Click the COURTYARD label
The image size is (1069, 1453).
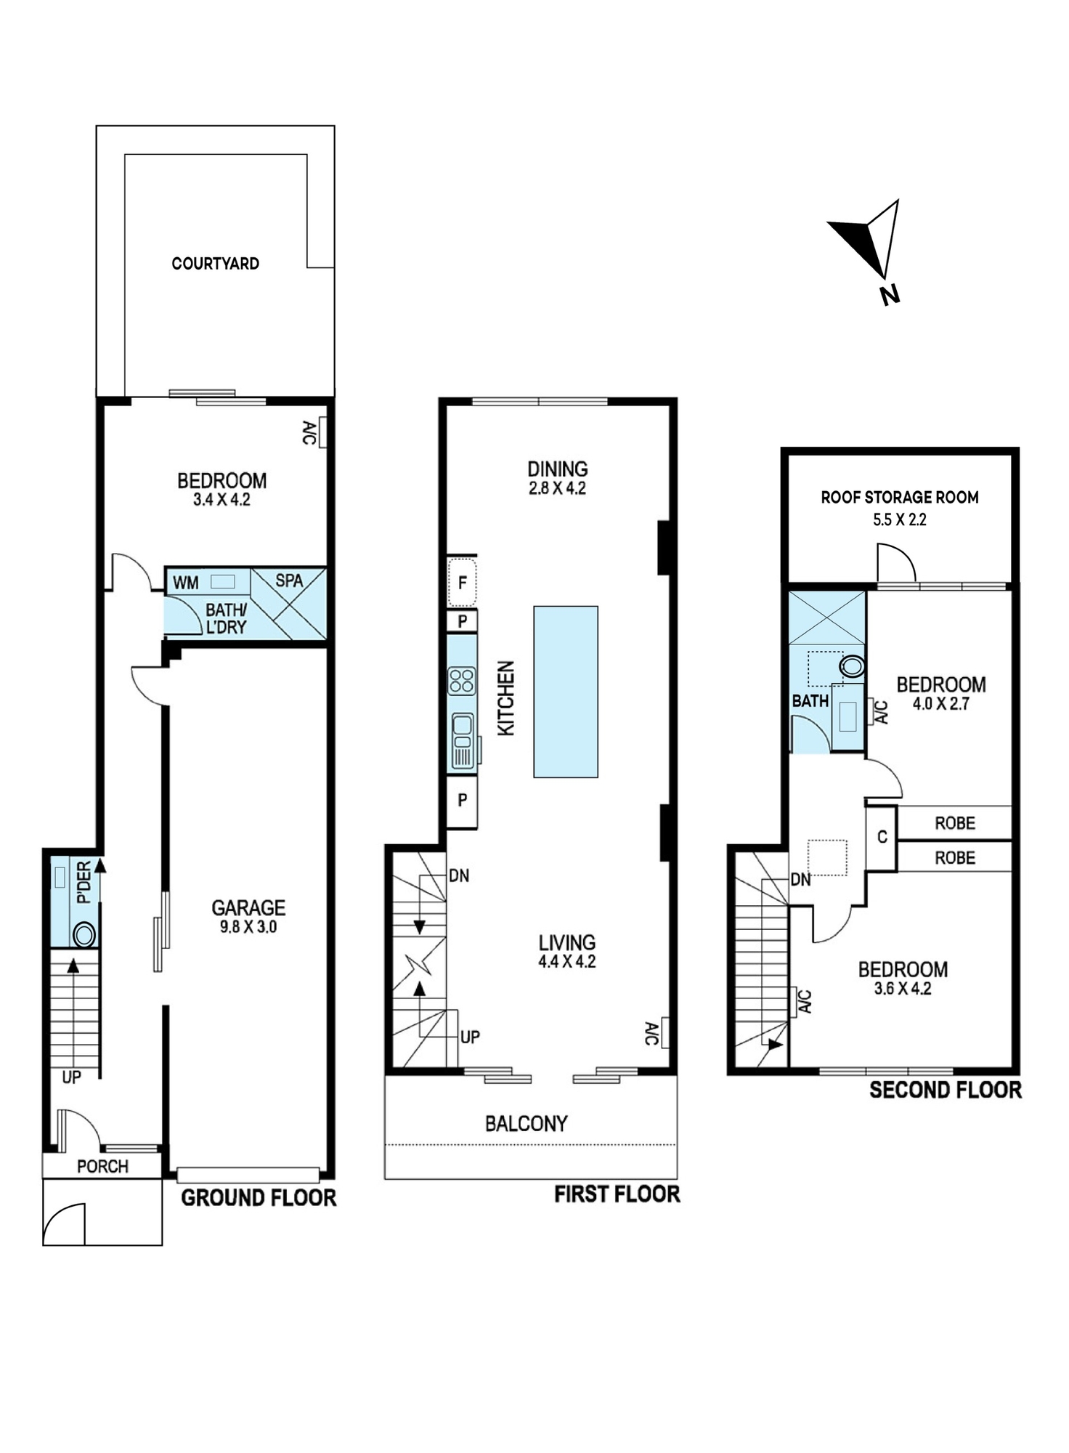click(215, 264)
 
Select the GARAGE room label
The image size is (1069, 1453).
click(248, 907)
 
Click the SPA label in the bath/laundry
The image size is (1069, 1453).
click(289, 580)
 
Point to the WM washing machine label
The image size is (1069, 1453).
click(186, 583)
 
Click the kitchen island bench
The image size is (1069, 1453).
click(566, 692)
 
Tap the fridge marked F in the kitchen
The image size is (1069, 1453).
click(462, 582)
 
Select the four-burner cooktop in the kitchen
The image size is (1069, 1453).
click(462, 681)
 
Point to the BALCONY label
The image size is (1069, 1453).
click(526, 1124)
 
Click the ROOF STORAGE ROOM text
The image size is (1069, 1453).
click(900, 498)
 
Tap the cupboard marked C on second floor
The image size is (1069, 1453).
click(882, 838)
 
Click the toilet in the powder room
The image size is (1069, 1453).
click(84, 934)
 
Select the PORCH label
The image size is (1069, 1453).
click(102, 1167)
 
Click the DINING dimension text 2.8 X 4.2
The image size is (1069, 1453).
click(557, 489)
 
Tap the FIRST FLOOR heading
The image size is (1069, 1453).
click(617, 1194)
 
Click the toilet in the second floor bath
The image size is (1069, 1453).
click(852, 666)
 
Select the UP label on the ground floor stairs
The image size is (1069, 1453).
click(71, 1077)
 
